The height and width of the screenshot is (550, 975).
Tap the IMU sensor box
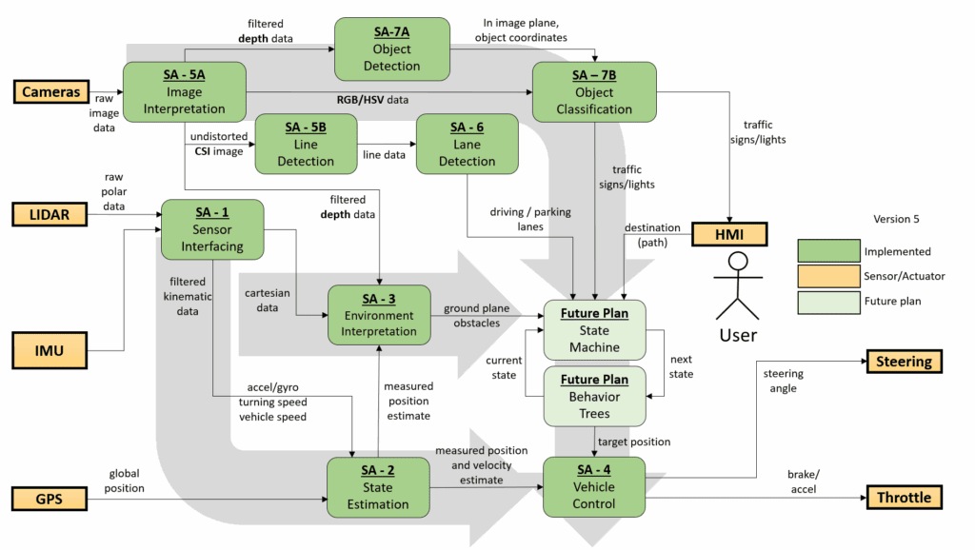[x=50, y=351]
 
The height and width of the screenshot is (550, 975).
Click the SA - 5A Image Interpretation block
[x=184, y=92]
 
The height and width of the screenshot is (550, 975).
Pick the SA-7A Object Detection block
[x=391, y=49]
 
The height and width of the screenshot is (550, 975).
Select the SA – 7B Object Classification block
[x=594, y=92]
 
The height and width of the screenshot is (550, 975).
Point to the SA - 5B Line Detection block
[x=306, y=145]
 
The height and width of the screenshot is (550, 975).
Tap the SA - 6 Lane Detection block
[x=467, y=145]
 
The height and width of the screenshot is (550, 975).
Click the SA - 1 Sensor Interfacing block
[x=211, y=230]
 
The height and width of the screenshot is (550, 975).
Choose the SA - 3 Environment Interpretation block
[x=378, y=315]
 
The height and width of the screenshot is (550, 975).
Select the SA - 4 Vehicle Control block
[x=594, y=487]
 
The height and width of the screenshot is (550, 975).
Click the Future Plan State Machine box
[x=594, y=330]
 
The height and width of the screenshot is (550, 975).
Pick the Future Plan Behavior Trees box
[x=594, y=396]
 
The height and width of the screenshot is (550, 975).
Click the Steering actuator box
[x=905, y=362]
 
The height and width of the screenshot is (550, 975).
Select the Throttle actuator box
[x=905, y=498]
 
